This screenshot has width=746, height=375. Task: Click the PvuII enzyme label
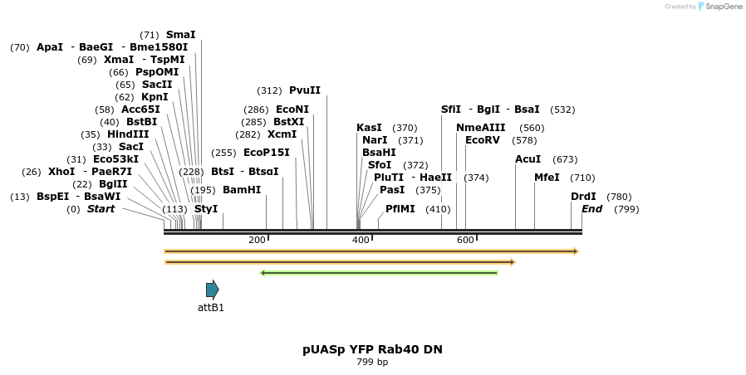pos(304,90)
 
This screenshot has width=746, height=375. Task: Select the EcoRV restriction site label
pos(483,140)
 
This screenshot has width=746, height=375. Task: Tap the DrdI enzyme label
pos(583,197)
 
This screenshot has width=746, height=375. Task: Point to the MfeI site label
pos(547,178)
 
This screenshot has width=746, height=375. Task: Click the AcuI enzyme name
pos(528,159)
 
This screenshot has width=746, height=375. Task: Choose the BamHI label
pos(242,190)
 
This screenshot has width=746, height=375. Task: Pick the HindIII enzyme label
pos(128,134)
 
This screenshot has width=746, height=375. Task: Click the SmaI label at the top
pos(181,35)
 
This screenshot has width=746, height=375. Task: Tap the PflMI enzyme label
pos(400,209)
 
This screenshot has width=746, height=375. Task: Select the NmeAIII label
pos(480,128)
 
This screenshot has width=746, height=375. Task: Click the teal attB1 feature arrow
pos(213,289)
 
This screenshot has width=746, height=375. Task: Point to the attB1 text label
pos(211,308)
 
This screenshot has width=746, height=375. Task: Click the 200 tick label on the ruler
pos(257,240)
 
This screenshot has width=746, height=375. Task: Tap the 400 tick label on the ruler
pos(361,240)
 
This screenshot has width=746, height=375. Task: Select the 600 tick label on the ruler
pos(465,240)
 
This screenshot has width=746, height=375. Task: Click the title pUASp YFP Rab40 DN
pos(372,349)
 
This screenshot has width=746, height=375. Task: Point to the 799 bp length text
pos(372,362)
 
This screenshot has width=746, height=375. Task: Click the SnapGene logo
pos(719,7)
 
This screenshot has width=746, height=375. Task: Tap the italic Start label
pos(101,209)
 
